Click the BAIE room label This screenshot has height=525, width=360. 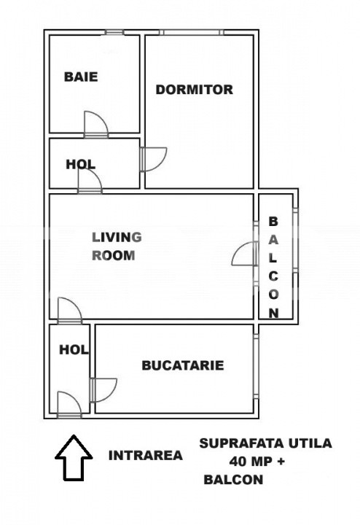pos(81,77)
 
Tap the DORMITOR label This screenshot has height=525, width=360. pos(195,90)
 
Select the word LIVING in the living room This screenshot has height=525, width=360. pos(117,238)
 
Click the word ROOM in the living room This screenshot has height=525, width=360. pos(114,256)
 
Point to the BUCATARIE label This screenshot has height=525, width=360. pos(183,365)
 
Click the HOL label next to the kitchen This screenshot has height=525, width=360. pos(74,350)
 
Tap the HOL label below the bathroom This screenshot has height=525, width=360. pos(81,164)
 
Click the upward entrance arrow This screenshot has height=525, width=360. pos(74,458)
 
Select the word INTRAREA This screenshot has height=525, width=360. pos(146,456)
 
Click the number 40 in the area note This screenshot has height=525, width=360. pos(238,462)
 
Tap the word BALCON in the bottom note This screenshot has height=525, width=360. pos(233,480)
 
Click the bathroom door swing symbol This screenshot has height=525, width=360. pos(96,124)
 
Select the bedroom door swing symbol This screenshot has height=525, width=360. pos(154,160)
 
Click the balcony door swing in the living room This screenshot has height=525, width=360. pos(245,254)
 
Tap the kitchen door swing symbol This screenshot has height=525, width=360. pos(103,390)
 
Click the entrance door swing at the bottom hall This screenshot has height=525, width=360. pos(69,405)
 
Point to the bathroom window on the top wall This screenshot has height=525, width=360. pos(114,33)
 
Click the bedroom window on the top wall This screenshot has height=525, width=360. pos(192,33)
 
